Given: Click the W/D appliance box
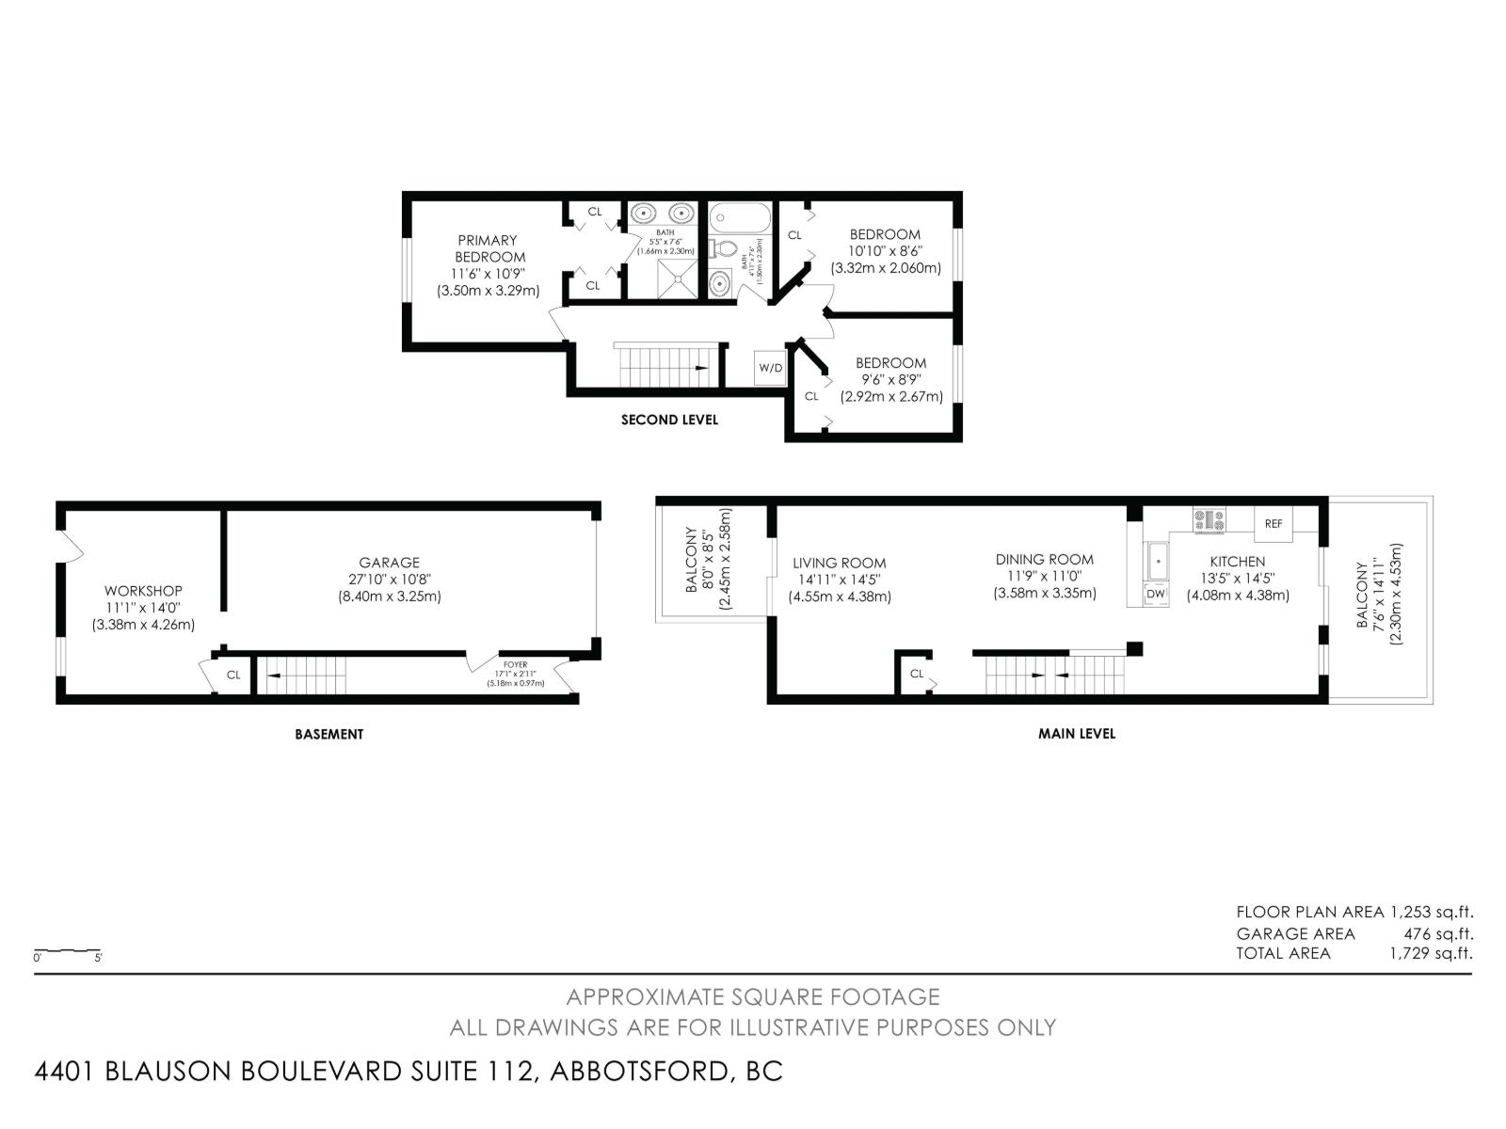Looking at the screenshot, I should point(770,368).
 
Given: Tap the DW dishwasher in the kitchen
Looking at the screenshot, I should point(1156,595).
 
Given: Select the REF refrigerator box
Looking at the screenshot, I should point(1274,524).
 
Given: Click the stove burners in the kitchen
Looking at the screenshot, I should point(1210,519).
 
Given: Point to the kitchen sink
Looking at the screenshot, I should point(1157,563).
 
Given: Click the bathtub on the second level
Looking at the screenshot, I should point(739,217).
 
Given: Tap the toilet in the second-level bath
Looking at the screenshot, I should point(723,249).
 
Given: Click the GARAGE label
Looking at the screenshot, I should point(389,563).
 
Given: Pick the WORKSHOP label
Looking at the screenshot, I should point(143,591).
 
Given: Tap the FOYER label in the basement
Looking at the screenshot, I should point(515,664).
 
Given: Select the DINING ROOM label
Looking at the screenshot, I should point(1045,559).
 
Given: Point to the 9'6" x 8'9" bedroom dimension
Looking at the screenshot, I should point(890,380).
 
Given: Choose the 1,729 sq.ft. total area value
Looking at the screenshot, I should point(1431,953).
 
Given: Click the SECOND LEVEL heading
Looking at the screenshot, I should point(669,420).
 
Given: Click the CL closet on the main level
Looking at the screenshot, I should point(916,674).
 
